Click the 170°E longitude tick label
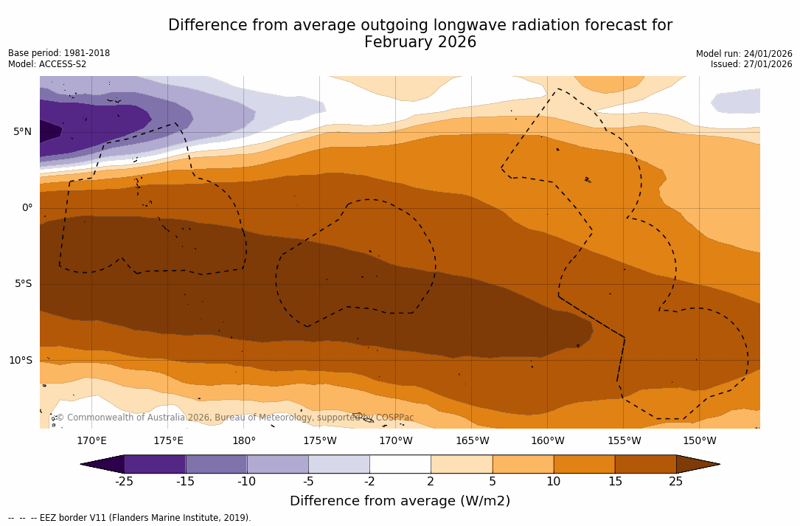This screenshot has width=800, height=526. (x=91, y=441)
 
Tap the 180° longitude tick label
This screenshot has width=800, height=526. (x=244, y=441)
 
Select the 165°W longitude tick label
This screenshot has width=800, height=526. (x=472, y=441)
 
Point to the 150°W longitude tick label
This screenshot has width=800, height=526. (x=700, y=441)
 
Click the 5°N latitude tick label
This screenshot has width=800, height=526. (x=22, y=132)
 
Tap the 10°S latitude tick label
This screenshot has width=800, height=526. (x=20, y=361)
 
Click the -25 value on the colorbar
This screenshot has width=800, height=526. (x=124, y=482)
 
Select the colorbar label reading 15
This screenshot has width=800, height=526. (x=615, y=482)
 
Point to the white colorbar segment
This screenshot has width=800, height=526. (x=400, y=464)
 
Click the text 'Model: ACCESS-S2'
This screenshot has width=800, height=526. (x=47, y=64)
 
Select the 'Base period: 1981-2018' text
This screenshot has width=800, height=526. (x=59, y=53)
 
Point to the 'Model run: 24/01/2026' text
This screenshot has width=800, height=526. (x=744, y=54)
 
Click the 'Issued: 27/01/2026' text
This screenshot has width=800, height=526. (x=751, y=64)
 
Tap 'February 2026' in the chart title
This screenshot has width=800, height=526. (x=420, y=43)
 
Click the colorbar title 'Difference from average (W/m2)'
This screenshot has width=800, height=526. (x=400, y=501)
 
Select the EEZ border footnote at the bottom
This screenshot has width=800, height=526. (x=130, y=518)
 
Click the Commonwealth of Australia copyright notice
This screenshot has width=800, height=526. (x=234, y=418)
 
